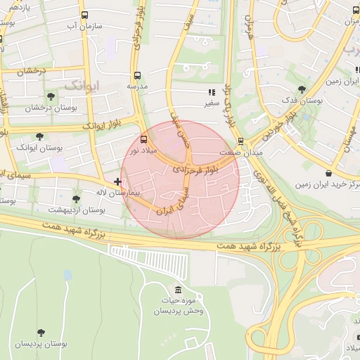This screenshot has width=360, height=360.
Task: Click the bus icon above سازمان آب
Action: (85, 15)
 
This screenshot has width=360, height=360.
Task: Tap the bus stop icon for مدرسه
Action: (137, 75)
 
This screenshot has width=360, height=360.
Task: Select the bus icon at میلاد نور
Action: (144, 139)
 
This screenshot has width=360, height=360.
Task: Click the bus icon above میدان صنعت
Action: (240, 141)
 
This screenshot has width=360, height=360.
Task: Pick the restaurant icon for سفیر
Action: (211, 91)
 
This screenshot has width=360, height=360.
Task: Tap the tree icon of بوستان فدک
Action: (302, 90)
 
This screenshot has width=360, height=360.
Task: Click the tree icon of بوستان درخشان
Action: (49, 97)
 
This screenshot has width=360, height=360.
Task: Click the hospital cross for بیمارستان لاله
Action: (117, 182)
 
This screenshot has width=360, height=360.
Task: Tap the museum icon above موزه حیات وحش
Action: (177, 290)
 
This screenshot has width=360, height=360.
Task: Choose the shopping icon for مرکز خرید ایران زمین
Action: (328, 174)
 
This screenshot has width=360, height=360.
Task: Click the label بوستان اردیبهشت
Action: (77, 210)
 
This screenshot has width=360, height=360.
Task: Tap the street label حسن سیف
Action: (181, 127)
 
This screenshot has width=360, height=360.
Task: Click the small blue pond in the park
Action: (67, 275)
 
